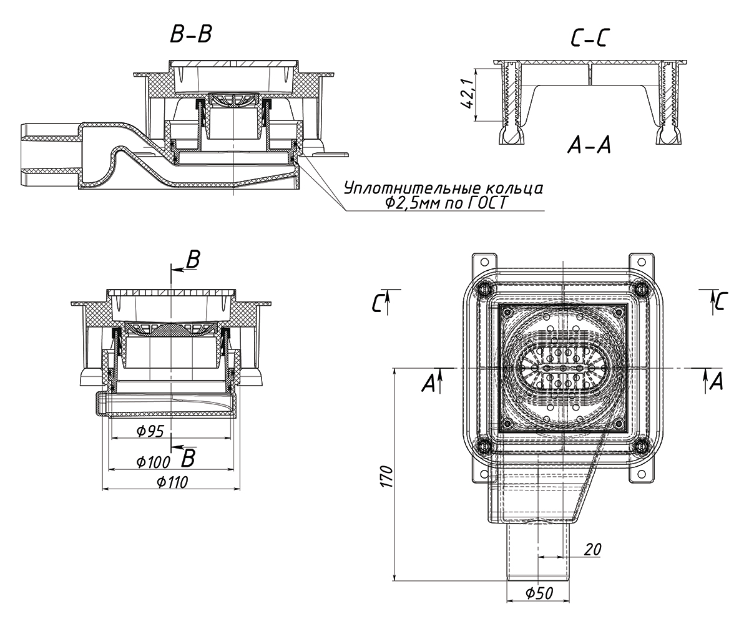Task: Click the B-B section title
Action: [191, 35]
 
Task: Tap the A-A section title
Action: [589, 145]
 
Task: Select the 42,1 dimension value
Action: [467, 94]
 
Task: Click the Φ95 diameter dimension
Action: [150, 431]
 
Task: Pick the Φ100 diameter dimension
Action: [153, 462]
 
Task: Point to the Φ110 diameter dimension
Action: [172, 482]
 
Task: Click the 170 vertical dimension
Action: [388, 476]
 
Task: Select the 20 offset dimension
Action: [592, 549]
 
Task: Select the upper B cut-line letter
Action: [193, 260]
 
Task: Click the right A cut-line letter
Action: [717, 381]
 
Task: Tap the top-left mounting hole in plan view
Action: [484, 261]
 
